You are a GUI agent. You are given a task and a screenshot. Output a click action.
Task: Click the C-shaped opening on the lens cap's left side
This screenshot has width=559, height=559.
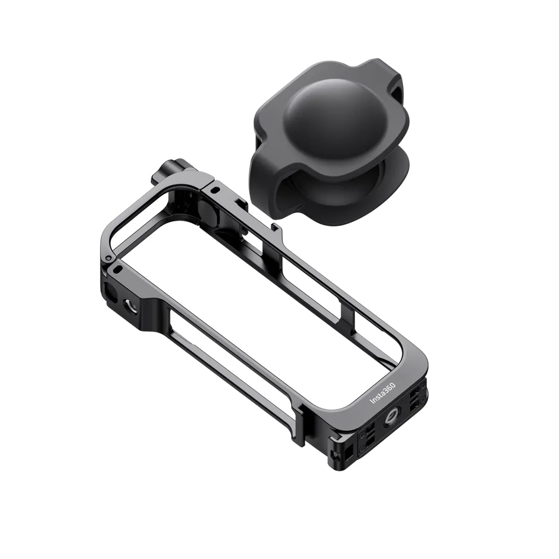pyautogui.click(x=269, y=182)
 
